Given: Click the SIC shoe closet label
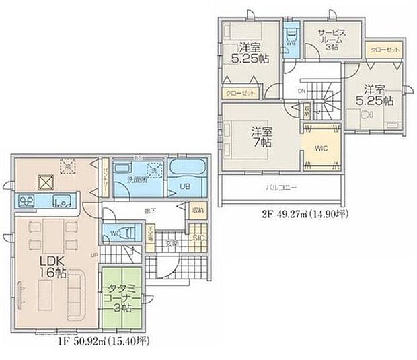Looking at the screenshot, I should [198, 238].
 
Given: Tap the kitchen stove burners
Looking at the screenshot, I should [28, 201].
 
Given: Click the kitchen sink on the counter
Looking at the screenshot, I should [59, 199].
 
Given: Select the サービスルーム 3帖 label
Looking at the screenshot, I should [332, 40].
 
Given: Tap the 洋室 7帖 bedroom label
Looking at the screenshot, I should [262, 137].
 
